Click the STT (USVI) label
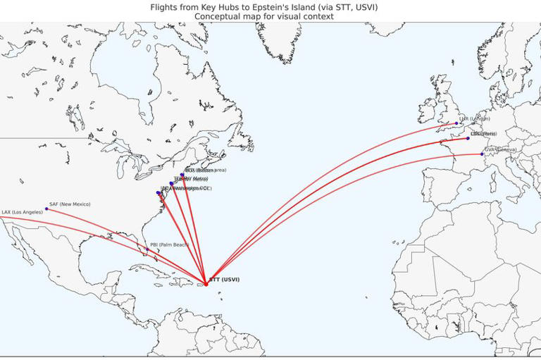pos(224,280)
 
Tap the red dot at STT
pos(206,285)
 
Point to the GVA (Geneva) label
pos(500,149)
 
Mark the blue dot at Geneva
pos(482,154)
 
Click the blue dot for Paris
pos(468,138)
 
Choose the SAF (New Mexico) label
pos(70,204)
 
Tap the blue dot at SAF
pos(46,209)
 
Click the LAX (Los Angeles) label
pos(22,212)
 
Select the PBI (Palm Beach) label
pos(169,244)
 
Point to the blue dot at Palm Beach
pos(147,249)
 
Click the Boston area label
pos(200,170)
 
